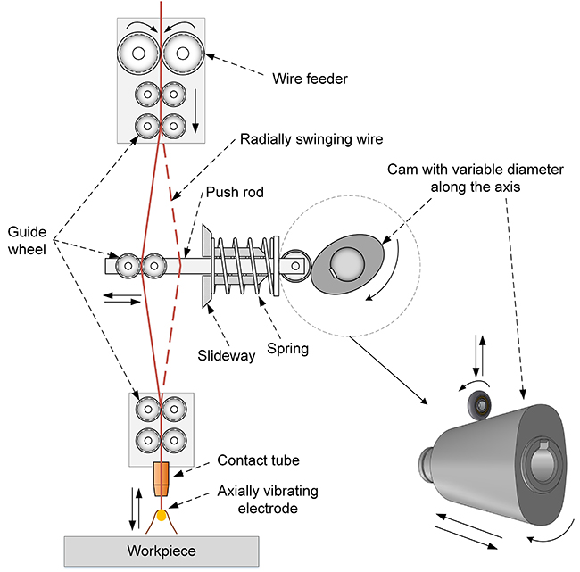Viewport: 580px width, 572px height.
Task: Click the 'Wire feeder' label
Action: pyautogui.click(x=309, y=79)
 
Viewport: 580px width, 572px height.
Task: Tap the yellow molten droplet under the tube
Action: pyautogui.click(x=161, y=515)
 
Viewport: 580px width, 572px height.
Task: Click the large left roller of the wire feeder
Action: pyautogui.click(x=138, y=54)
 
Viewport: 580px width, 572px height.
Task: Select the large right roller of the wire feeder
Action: pyautogui.click(x=182, y=54)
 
